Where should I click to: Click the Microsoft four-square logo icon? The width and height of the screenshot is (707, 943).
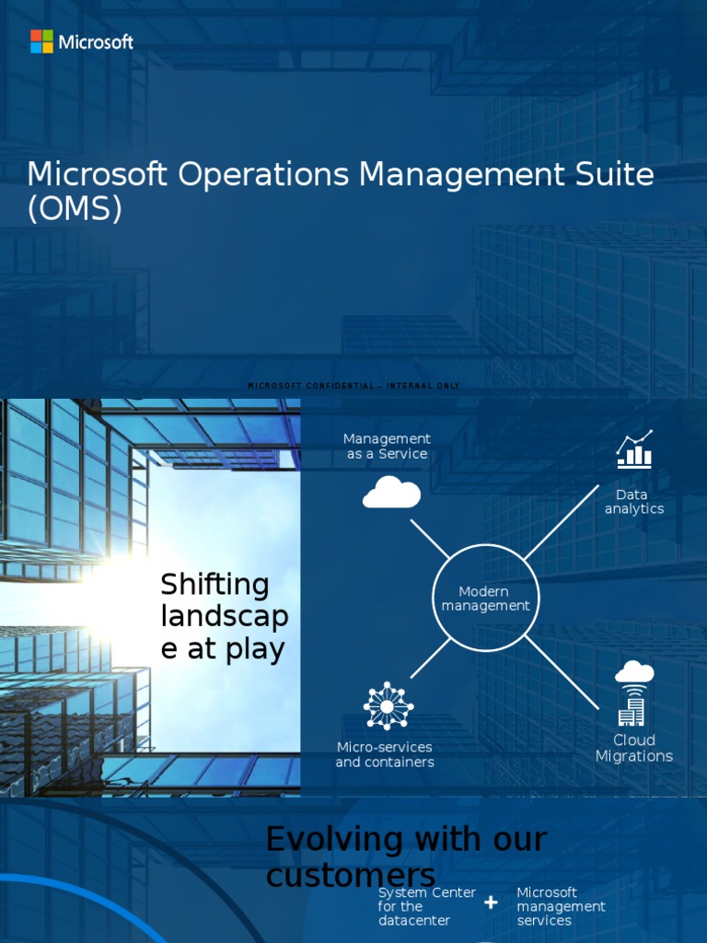(x=41, y=41)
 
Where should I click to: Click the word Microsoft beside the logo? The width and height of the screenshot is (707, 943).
(x=96, y=41)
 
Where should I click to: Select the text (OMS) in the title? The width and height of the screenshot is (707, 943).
(x=75, y=209)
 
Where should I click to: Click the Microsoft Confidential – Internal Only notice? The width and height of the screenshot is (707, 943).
(x=353, y=386)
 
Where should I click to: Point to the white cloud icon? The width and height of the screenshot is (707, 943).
(x=391, y=493)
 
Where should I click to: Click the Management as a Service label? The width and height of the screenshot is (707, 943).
(x=387, y=447)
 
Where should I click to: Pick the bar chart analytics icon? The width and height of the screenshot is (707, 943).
(x=634, y=448)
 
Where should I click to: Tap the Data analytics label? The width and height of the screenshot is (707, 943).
(x=633, y=502)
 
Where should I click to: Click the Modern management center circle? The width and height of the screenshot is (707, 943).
(x=485, y=599)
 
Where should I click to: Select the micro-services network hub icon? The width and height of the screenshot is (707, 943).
(x=388, y=706)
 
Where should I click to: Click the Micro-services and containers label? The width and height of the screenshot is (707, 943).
(x=385, y=754)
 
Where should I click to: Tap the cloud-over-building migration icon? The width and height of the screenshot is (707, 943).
(x=633, y=693)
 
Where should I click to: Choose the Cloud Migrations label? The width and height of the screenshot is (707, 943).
(x=634, y=748)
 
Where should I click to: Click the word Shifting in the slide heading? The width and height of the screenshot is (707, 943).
(x=214, y=585)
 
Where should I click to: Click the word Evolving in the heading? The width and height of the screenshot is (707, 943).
(x=335, y=839)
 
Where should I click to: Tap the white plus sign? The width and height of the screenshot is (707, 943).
(x=491, y=903)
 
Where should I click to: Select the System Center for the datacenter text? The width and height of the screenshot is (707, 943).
(x=426, y=906)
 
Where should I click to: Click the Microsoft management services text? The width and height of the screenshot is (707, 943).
(x=561, y=906)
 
